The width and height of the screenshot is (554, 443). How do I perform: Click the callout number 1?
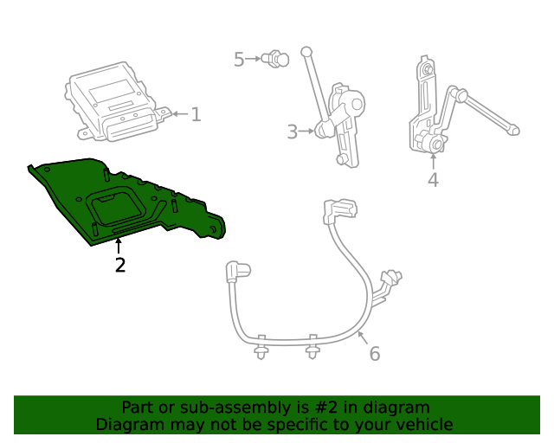(x=196, y=114)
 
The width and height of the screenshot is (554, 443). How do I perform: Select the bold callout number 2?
(x=120, y=266)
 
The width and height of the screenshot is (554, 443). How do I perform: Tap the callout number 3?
(x=292, y=132)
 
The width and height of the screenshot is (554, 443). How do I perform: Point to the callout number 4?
(x=433, y=180)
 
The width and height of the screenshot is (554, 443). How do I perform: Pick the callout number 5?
(x=239, y=59)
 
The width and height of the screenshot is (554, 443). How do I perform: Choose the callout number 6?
(x=374, y=353)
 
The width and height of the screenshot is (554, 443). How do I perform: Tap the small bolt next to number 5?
(x=276, y=59)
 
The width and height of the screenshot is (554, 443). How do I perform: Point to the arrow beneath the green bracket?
(x=119, y=247)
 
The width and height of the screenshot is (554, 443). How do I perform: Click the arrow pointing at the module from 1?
(x=178, y=114)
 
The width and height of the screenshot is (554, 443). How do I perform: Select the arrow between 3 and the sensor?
(x=306, y=132)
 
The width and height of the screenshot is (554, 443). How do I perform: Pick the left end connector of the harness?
(x=235, y=271)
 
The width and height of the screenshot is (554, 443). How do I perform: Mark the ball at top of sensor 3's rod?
(x=306, y=52)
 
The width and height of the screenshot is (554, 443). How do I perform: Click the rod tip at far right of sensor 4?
(x=514, y=132)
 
